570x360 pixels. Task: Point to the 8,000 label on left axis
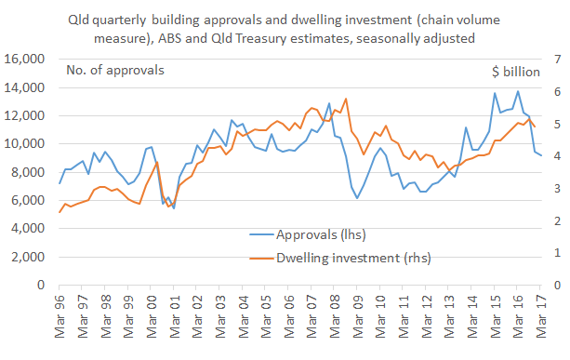(30, 172)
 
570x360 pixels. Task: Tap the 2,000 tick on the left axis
(30, 257)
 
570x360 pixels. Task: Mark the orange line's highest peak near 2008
(346, 99)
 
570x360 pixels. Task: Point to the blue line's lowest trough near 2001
(173, 207)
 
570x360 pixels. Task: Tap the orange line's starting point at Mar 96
(60, 212)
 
